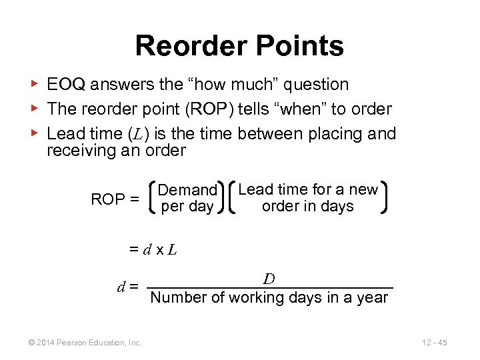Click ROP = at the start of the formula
click(115, 199)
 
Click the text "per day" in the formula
click(187, 207)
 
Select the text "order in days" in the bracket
click(307, 206)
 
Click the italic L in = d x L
click(172, 250)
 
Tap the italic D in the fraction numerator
click(269, 278)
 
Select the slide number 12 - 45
click(434, 343)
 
